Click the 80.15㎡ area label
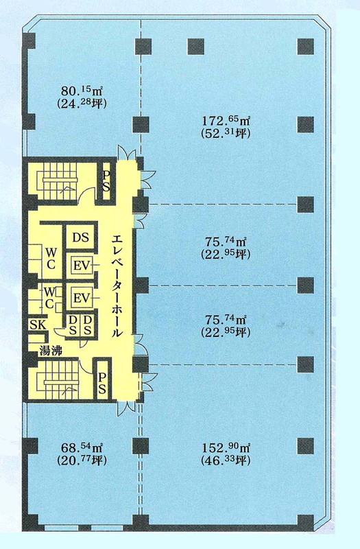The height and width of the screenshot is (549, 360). click(82, 91)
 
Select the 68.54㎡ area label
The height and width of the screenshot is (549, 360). click(82, 447)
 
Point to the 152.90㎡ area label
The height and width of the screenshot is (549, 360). click(226, 447)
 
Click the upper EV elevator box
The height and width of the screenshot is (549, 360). click(82, 266)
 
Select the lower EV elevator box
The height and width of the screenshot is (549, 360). click(82, 299)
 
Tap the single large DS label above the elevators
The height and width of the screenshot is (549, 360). click(80, 237)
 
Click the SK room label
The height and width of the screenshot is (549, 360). click(37, 325)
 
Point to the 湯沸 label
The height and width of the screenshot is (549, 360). click(51, 349)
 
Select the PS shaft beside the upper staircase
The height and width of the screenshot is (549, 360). click(106, 180)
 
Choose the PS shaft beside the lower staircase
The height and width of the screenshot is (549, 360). click(102, 383)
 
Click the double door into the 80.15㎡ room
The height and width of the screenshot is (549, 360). click(126, 152)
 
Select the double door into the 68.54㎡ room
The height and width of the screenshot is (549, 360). click(126, 408)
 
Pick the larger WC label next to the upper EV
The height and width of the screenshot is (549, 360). click(51, 258)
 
